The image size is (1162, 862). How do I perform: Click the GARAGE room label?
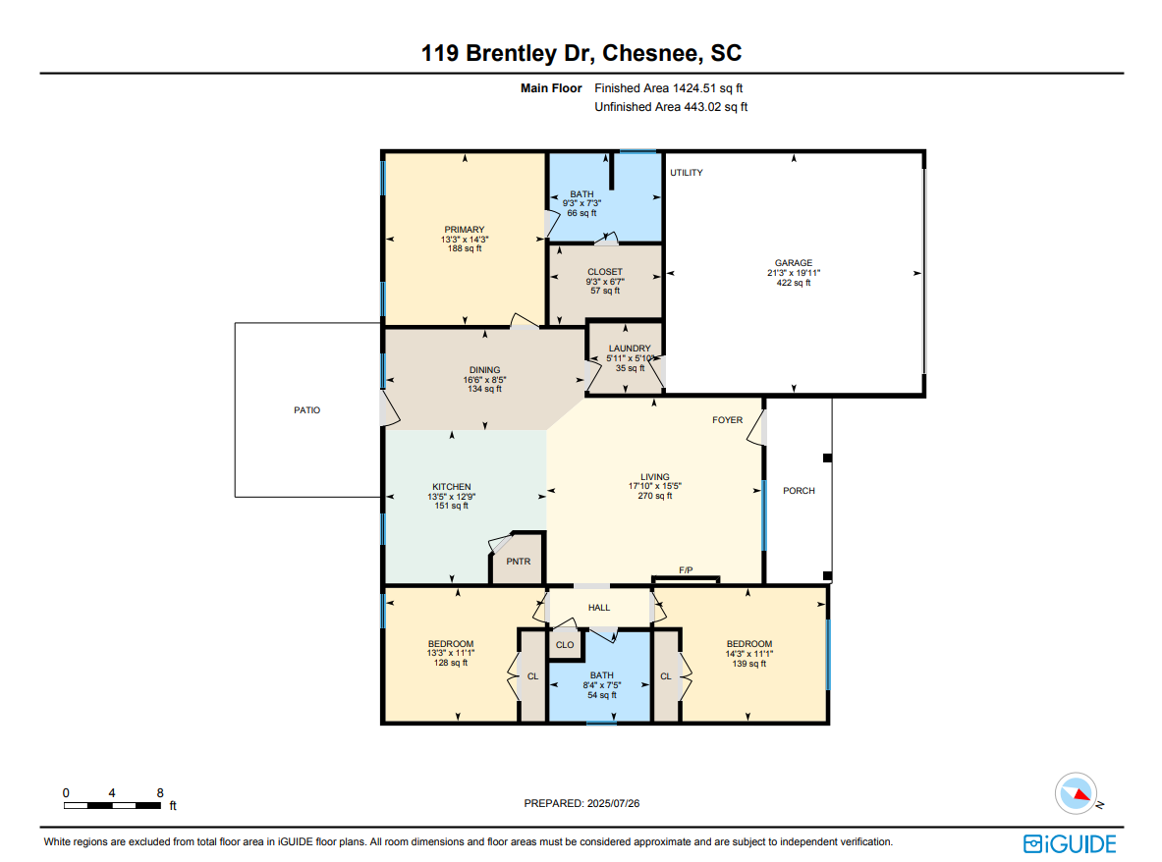793,263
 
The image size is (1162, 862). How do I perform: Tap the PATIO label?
306,410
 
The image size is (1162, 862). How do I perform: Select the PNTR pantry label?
518,562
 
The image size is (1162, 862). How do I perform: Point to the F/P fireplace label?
686,570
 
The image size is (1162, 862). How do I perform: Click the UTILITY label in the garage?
687,173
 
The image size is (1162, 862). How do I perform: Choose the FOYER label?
727,420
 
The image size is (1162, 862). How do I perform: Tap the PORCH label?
799,491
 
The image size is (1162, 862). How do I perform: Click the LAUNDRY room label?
630,349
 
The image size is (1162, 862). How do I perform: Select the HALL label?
599,608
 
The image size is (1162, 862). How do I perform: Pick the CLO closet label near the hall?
565,645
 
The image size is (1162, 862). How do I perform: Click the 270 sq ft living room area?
655,496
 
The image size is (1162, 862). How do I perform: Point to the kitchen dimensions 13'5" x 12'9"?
451,497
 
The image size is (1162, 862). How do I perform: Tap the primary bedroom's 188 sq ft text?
465,248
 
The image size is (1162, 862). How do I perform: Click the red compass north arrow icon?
1082,794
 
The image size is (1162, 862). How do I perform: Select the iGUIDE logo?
1070,843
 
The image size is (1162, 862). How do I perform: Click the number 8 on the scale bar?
160,793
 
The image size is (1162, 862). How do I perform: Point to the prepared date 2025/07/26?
613,803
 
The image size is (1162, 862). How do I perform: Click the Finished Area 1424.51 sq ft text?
669,88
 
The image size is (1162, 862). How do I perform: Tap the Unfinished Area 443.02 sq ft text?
671,107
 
